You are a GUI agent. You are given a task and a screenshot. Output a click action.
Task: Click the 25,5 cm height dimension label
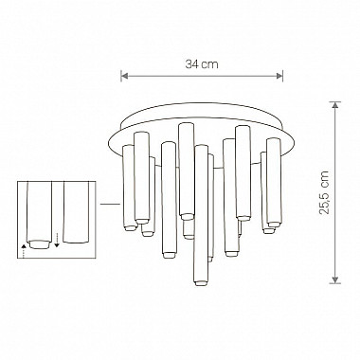coord(351,193)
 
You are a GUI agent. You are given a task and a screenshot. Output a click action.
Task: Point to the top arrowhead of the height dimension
coord(333,106)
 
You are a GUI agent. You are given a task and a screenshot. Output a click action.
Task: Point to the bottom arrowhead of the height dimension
coord(333,280)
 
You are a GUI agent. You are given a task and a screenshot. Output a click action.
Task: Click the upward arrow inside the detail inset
coord(24,248)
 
